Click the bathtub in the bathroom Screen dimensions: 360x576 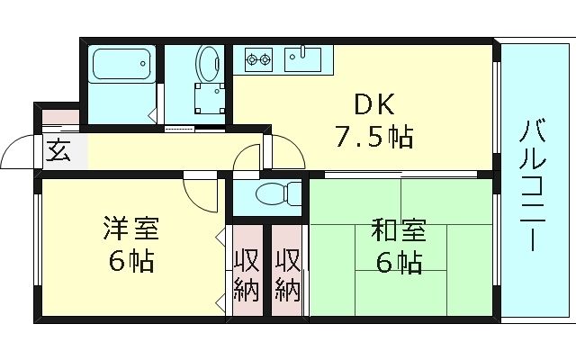click(123, 65)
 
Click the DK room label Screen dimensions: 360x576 click(373, 104)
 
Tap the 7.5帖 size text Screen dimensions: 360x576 click(373, 138)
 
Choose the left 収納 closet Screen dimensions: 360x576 click(247, 274)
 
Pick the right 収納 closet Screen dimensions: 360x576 click(287, 274)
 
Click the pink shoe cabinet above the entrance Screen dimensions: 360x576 click(60, 117)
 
